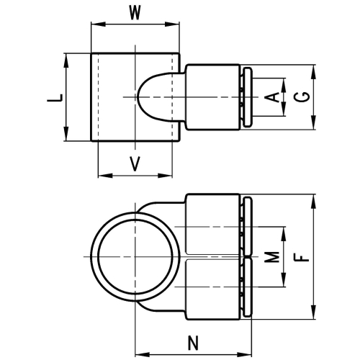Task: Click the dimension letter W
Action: pyautogui.click(x=135, y=12)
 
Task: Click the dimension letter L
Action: pyautogui.click(x=55, y=97)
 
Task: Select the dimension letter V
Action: pyautogui.click(x=135, y=163)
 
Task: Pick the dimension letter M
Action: pyautogui.click(x=272, y=257)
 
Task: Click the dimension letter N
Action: pyautogui.click(x=193, y=343)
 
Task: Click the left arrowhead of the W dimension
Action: pyautogui.click(x=99, y=24)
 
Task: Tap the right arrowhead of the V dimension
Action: pyautogui.click(x=165, y=176)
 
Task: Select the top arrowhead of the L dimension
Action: pyautogui.click(x=66, y=60)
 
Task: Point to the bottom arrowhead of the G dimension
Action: pyautogui.click(x=313, y=122)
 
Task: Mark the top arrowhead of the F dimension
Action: pyautogui.click(x=313, y=202)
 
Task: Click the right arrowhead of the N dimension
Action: pyautogui.click(x=245, y=355)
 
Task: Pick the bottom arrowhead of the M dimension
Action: pyautogui.click(x=284, y=279)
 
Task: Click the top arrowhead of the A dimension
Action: pyautogui.click(x=284, y=85)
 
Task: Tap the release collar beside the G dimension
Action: pyautogui.click(x=248, y=97)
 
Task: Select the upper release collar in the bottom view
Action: pyautogui.click(x=248, y=226)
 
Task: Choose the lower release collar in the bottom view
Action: pyautogui.click(x=248, y=287)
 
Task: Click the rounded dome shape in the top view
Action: pyautogui.click(x=139, y=97)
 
